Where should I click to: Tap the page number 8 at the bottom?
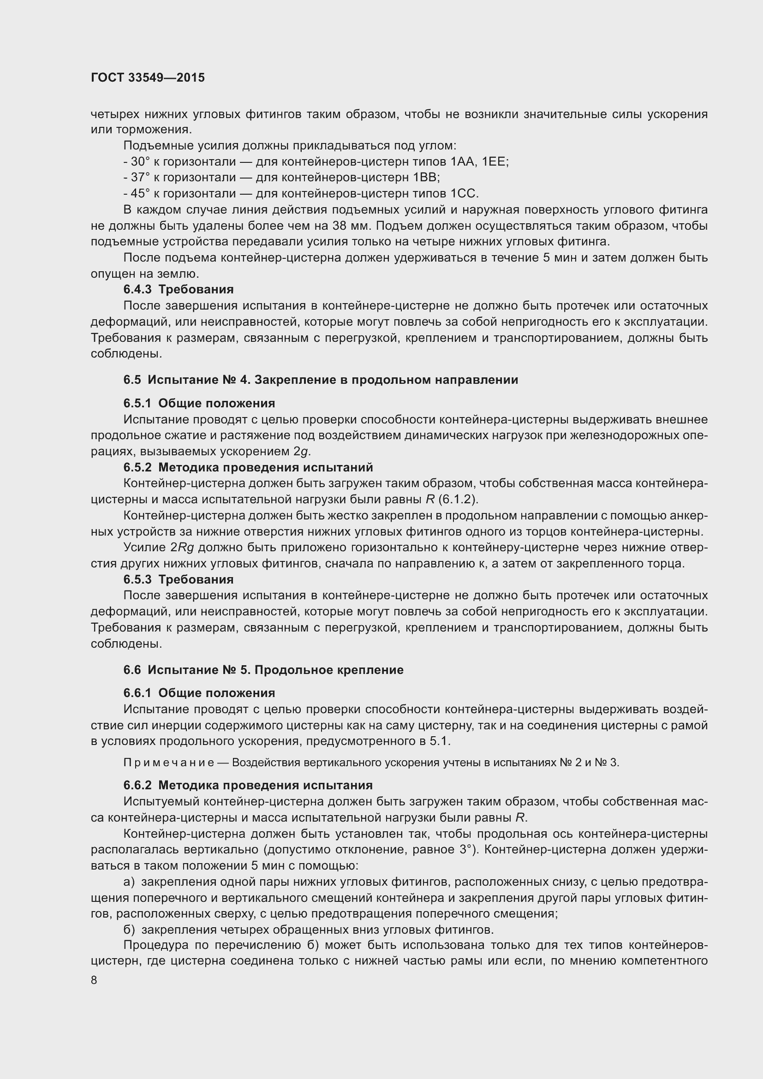(x=94, y=980)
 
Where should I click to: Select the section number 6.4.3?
(x=137, y=290)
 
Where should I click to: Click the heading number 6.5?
(x=131, y=380)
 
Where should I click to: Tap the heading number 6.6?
(x=131, y=670)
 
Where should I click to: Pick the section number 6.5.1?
(x=137, y=403)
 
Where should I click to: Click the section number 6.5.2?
(x=137, y=467)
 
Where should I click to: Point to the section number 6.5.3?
(x=137, y=579)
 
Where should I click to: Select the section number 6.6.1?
(x=137, y=693)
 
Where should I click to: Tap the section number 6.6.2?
(x=137, y=785)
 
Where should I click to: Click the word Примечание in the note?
(x=169, y=762)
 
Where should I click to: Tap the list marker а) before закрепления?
(x=129, y=882)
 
